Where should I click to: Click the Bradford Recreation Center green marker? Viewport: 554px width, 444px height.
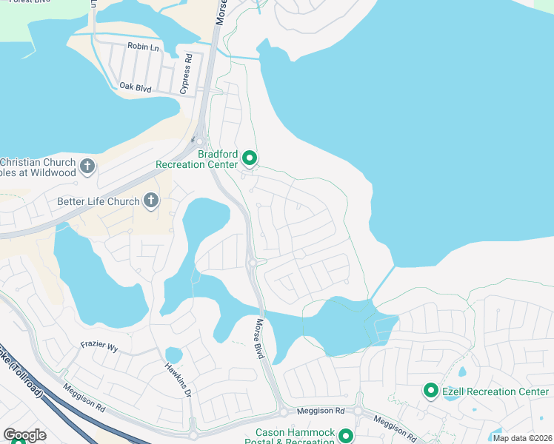[250, 158]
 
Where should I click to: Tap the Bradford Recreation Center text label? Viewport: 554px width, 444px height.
[197, 159]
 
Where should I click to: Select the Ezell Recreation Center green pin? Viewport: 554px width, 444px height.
[430, 390]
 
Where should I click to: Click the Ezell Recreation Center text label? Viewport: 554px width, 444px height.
[495, 391]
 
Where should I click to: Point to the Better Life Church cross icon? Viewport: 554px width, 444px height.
[150, 200]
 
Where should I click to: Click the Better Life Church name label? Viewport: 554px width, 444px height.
[99, 201]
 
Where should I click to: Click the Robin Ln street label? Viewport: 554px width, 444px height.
[143, 47]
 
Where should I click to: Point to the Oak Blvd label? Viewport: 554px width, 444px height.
[135, 87]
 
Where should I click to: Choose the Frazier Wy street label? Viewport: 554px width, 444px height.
[99, 346]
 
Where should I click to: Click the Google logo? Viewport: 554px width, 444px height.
[24, 435]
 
